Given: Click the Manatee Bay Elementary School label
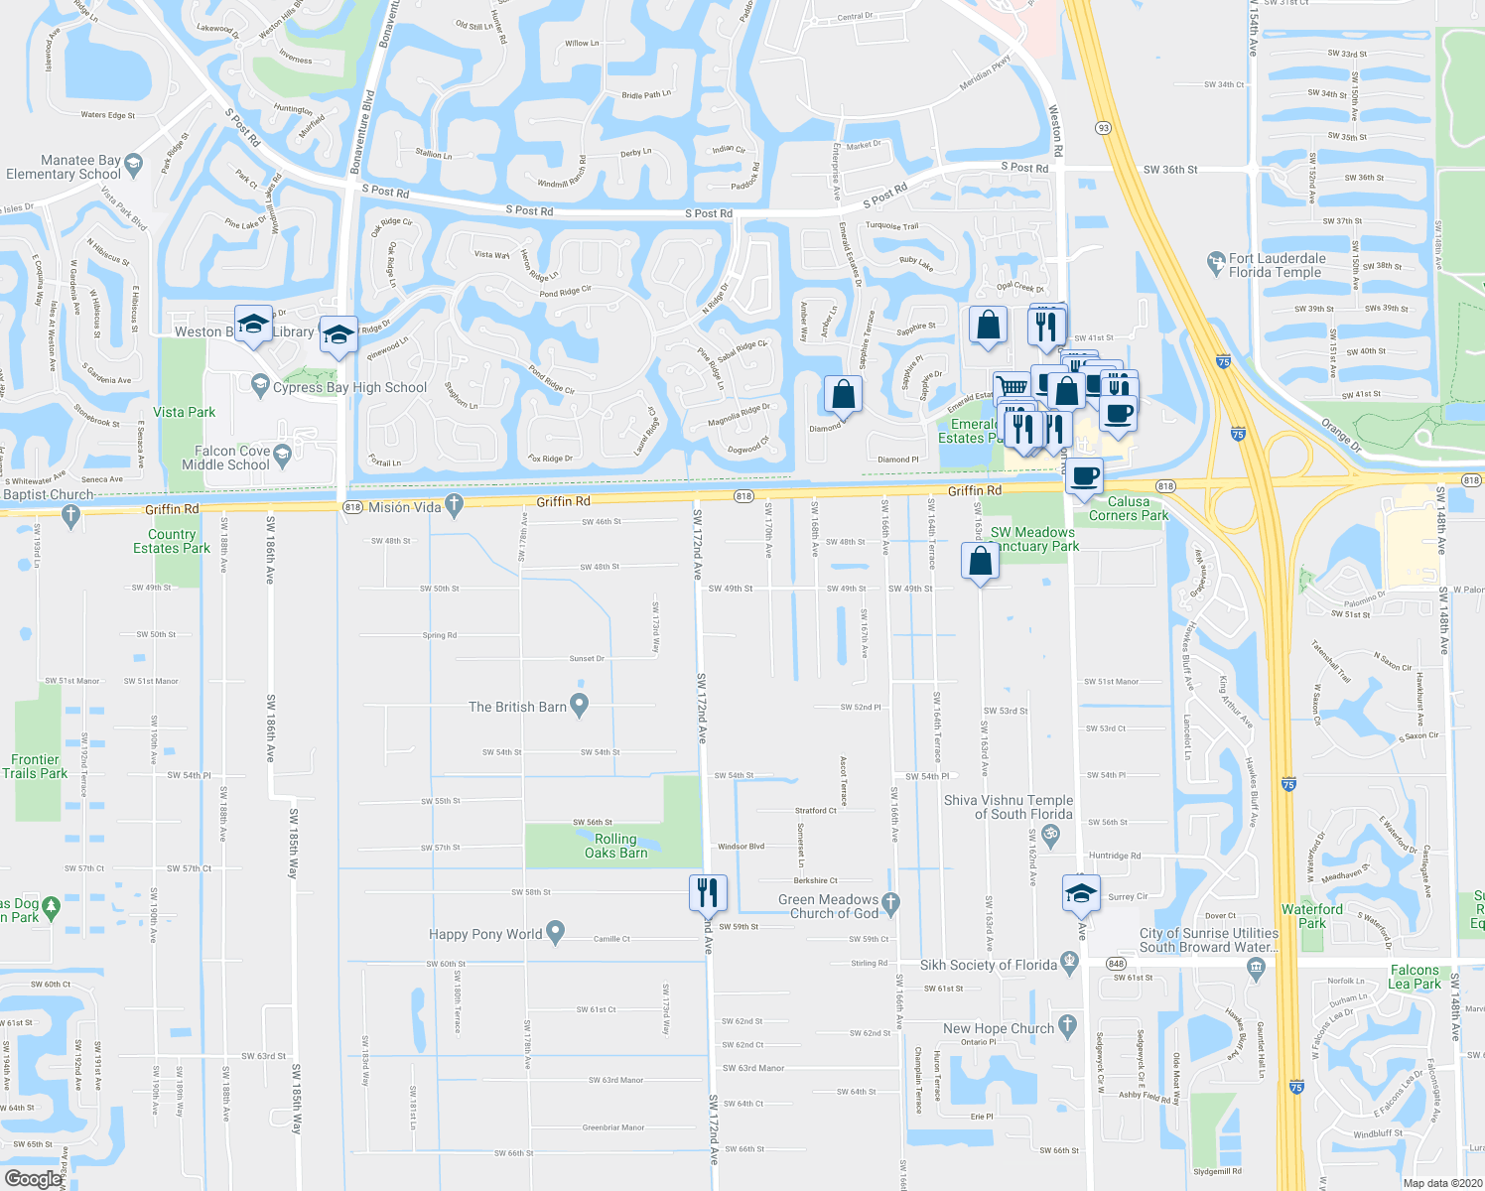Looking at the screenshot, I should [x=64, y=167].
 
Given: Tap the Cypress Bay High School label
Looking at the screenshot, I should [x=349, y=388].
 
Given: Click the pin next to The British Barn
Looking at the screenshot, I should [x=580, y=705].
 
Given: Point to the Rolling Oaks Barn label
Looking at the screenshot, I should [x=615, y=846].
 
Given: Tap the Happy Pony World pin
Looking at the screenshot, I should [x=555, y=932].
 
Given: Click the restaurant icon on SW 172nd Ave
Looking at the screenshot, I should [x=708, y=892].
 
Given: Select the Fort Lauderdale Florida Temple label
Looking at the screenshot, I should [x=1276, y=265].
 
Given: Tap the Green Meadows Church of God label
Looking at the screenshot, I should [x=829, y=906].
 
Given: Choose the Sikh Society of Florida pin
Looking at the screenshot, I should [x=1068, y=962].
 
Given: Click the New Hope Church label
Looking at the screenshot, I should [x=999, y=1028].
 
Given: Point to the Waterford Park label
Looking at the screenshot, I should [x=1311, y=916].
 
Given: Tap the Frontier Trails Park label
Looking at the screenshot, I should [x=35, y=766].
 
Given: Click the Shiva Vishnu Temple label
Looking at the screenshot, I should [x=1009, y=807].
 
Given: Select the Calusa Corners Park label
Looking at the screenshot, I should [x=1129, y=508].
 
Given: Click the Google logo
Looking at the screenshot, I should [x=32, y=1178].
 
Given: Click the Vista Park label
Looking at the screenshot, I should [x=184, y=412].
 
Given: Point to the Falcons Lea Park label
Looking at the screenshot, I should [x=1415, y=977].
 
